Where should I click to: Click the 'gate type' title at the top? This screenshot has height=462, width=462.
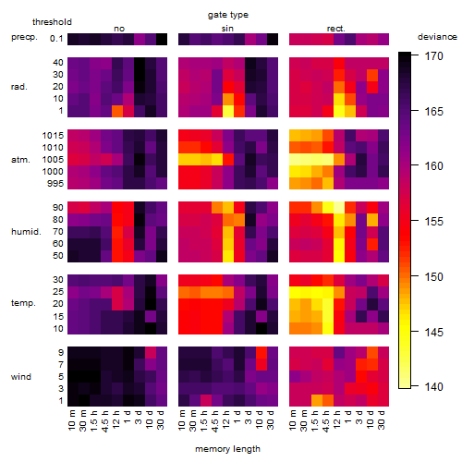228,15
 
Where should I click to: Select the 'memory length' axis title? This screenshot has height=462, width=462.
227,449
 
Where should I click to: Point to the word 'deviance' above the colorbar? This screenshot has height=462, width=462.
437,37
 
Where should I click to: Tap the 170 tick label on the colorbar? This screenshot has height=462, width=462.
433,56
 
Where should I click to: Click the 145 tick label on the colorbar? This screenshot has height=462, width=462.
433,332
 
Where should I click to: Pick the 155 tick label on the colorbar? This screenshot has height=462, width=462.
433,222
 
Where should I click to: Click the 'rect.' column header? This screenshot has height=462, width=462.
336,29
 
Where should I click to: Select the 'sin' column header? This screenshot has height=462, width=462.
227,29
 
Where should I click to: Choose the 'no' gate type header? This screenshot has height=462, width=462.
119,29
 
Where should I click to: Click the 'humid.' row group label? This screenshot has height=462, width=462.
26,232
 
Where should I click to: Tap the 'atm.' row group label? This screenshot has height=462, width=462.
20,160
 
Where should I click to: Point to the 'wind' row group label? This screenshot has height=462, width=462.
21,377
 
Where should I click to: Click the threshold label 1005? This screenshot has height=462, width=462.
53,160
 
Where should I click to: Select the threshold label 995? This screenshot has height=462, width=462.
55,184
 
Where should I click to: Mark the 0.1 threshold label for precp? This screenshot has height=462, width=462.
56,39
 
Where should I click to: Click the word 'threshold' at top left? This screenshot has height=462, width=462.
52,22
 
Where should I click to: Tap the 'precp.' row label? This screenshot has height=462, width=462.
24,37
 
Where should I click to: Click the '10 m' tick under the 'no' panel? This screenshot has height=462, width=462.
72,420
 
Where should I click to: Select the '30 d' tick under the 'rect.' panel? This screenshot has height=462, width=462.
382,420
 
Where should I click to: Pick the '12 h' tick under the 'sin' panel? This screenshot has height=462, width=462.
225,419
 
